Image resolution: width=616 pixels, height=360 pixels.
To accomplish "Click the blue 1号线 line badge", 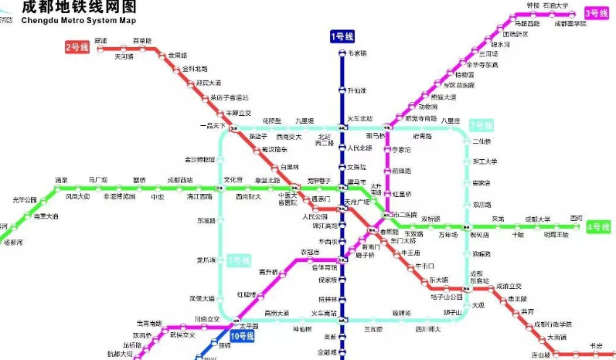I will (x=342, y=36).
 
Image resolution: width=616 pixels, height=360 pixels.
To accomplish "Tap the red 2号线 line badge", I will (x=77, y=48).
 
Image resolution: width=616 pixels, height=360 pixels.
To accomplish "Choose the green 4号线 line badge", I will (x=598, y=227).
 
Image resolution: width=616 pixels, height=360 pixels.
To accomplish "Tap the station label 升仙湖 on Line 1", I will (x=357, y=91).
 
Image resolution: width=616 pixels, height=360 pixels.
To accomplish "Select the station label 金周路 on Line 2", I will (x=178, y=55).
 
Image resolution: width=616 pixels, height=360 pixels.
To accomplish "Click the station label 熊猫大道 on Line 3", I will (x=443, y=97).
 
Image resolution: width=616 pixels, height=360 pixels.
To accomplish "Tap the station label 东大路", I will (x=439, y=279).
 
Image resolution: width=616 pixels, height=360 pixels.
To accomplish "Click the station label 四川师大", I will (x=427, y=329).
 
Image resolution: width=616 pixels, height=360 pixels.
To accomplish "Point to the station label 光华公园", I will (x=25, y=200).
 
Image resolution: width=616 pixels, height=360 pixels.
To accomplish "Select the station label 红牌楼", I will (x=246, y=294).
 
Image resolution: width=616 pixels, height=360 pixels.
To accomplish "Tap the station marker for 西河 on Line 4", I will (x=575, y=226).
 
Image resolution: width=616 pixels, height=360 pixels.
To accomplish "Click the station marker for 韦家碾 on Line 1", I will (x=342, y=53).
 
